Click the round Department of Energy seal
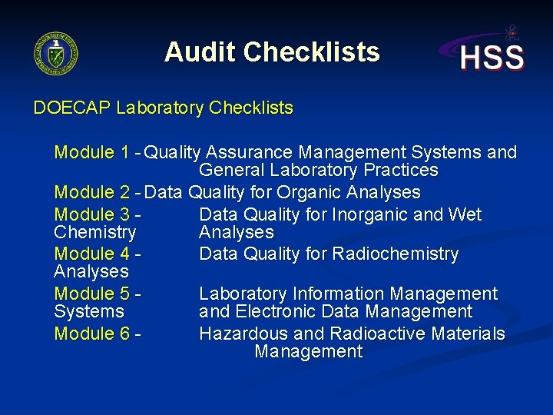point(56,53)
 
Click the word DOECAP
point(72,108)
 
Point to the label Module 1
point(91,152)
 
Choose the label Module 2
point(91,192)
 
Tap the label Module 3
point(91,214)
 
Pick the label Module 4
point(91,254)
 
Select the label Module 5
point(91,294)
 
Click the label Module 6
point(91,334)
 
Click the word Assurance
point(250,152)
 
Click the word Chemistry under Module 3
point(95,232)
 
